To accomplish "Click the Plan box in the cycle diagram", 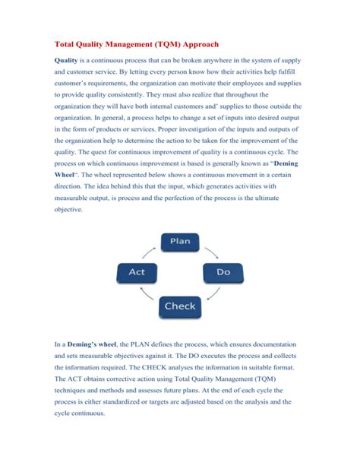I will (180, 241).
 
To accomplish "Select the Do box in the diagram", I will (223, 271).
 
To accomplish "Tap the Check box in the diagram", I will (180, 306).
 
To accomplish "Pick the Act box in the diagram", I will (137, 271).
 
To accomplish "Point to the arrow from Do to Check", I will (213, 295).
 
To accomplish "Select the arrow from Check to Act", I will (147, 295).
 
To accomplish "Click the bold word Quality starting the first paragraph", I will (71, 60).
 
